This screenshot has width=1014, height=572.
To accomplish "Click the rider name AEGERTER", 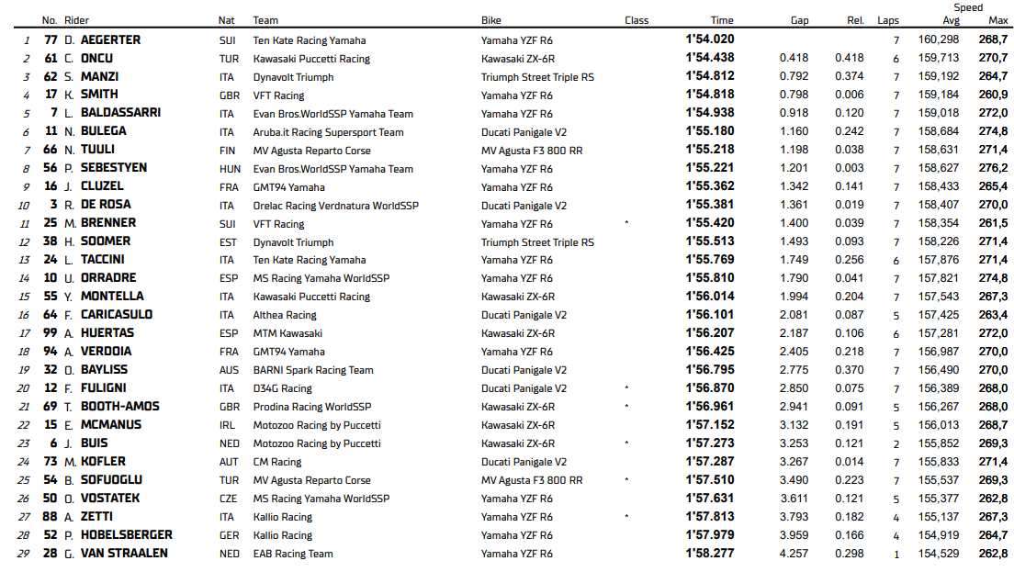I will click(110, 39).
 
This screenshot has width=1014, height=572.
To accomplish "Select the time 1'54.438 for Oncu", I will click(709, 58).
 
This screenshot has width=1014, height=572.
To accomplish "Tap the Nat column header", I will click(226, 20).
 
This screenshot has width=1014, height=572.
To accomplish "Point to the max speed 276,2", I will click(993, 168).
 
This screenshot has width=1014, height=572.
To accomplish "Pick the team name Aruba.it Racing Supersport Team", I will click(328, 132).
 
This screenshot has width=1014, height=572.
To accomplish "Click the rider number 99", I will click(50, 333).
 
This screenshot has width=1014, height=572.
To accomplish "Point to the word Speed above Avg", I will click(968, 7).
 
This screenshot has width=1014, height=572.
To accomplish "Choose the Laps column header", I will click(888, 20).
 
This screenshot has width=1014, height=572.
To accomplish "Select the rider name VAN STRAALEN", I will click(124, 553).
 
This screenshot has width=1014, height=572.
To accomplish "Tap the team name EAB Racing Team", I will click(292, 554).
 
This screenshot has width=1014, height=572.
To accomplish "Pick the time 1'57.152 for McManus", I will click(709, 425).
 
